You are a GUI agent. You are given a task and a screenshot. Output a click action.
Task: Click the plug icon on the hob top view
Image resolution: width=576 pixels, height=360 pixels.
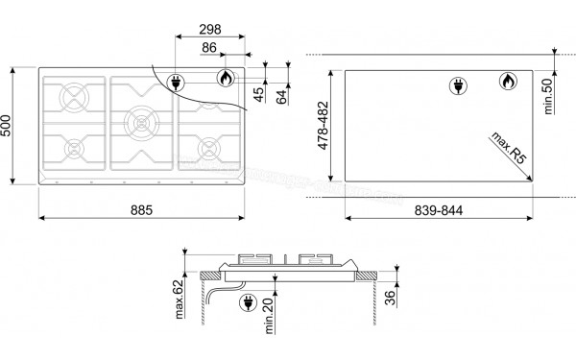(178, 83)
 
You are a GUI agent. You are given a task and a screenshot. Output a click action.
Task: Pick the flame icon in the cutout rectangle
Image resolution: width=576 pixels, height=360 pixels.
(504, 84)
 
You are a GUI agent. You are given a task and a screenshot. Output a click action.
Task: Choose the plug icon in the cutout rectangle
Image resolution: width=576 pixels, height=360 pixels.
(457, 85)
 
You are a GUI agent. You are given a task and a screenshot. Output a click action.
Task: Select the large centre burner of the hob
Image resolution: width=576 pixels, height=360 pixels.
(140, 122)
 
